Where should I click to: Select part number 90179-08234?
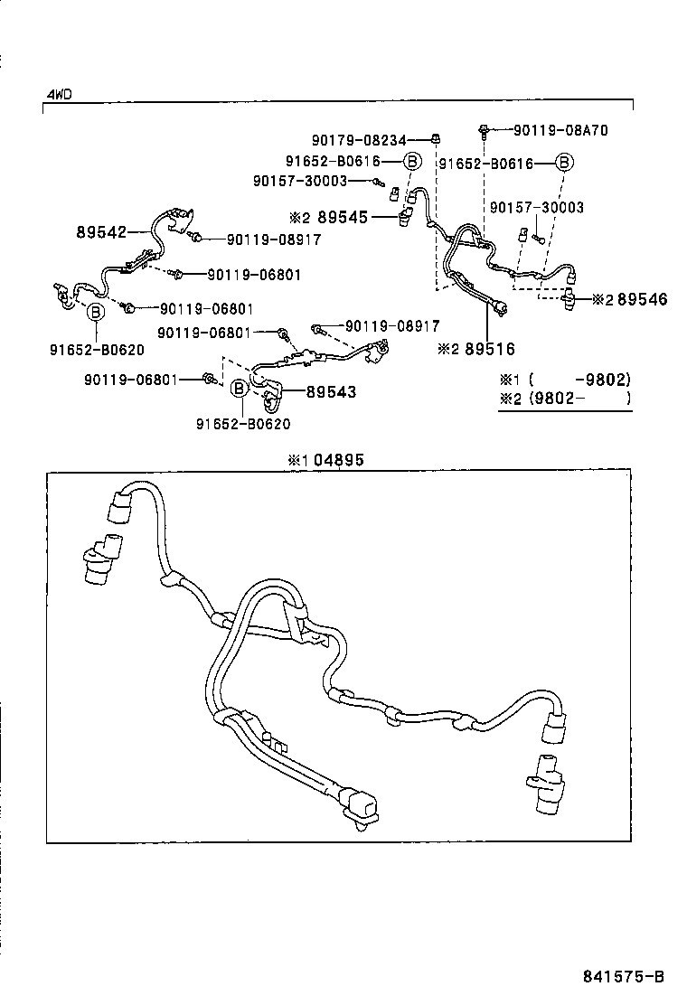coord(359,139)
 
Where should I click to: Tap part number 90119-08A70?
coord(560,130)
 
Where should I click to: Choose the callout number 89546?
coord(643,299)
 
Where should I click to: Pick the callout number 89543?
coord(331,391)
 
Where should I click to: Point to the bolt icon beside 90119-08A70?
coord(485,130)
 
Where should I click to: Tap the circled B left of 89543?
coord(240,389)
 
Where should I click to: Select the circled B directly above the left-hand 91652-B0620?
coord(96,312)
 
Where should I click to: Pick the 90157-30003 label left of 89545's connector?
coord(300,181)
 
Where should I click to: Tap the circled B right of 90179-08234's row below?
coord(411,161)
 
